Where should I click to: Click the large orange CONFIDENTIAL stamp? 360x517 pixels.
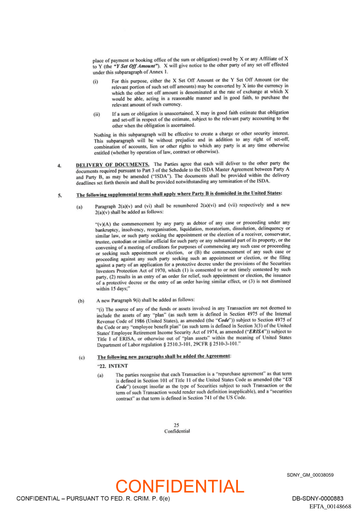180,486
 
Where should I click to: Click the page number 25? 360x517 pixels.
177,425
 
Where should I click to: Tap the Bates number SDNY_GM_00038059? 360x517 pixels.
310,475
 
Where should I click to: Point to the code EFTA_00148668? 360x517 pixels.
330,506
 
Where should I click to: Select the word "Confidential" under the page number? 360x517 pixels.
177,431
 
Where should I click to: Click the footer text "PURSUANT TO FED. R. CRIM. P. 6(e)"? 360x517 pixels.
118,498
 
